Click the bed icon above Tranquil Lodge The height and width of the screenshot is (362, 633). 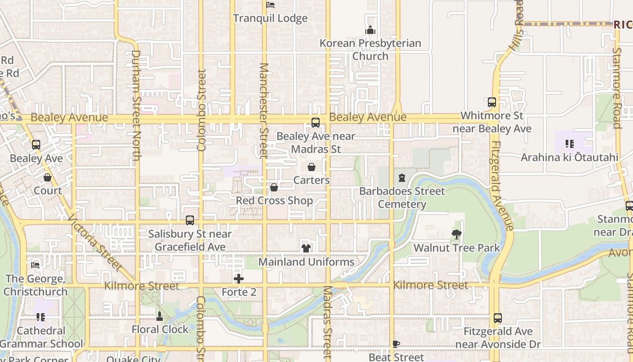click(x=270, y=5)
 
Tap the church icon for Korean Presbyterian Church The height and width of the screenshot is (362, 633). click(x=370, y=30)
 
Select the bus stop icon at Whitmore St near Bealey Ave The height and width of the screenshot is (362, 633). click(x=492, y=102)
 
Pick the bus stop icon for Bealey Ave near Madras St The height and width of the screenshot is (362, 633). click(x=316, y=123)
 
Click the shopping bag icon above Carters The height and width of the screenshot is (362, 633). click(x=312, y=167)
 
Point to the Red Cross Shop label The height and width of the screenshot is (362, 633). click(x=274, y=200)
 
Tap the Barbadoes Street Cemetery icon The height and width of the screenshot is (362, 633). click(x=402, y=178)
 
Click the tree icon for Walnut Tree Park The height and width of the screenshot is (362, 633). click(x=457, y=234)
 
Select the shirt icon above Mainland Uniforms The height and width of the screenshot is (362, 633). click(x=306, y=248)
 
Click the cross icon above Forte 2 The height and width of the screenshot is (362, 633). click(x=239, y=279)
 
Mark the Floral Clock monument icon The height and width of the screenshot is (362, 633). click(x=159, y=316)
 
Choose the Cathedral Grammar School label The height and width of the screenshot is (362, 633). click(x=41, y=338)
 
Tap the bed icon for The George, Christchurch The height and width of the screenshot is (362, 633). click(x=35, y=265)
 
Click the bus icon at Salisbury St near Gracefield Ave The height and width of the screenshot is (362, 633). click(x=190, y=220)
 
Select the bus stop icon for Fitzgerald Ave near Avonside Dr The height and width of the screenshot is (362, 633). click(x=498, y=318)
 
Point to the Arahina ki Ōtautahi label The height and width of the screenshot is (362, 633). click(x=569, y=157)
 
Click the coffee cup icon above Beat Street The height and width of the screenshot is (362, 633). click(x=396, y=344)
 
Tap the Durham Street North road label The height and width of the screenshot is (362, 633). click(x=136, y=105)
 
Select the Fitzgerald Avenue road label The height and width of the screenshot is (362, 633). click(x=501, y=186)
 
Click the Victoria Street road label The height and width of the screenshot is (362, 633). click(x=94, y=243)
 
